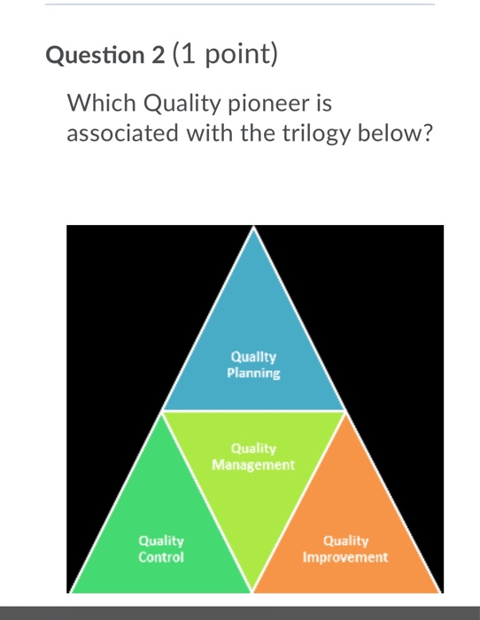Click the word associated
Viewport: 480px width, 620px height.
126,134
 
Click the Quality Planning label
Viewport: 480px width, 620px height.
253,365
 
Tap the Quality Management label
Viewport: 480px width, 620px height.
253,456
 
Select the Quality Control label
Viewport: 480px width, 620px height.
161,549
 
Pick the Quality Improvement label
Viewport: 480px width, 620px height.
345,549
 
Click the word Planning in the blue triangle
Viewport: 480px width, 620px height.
253,374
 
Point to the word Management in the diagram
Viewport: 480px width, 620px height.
253,464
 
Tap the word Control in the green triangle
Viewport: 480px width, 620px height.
161,558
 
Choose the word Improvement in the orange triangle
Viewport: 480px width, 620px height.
345,558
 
